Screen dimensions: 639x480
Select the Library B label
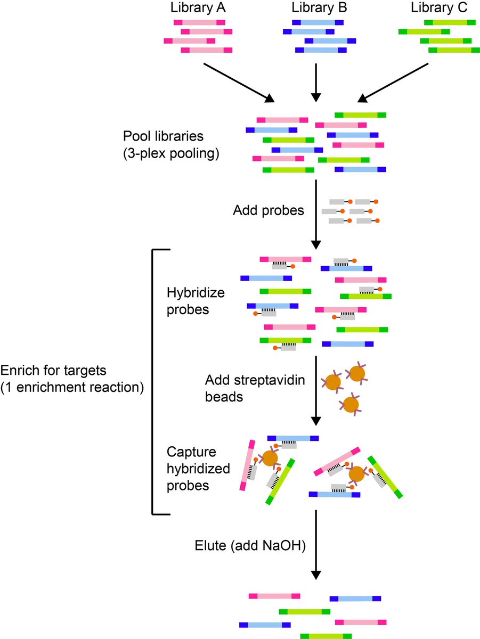tap(316, 8)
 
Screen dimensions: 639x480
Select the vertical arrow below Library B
tap(316, 83)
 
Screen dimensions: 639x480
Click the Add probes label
tap(268, 210)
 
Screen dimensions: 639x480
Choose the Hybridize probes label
tap(189, 301)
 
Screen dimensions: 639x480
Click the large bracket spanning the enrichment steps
tap(153, 381)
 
